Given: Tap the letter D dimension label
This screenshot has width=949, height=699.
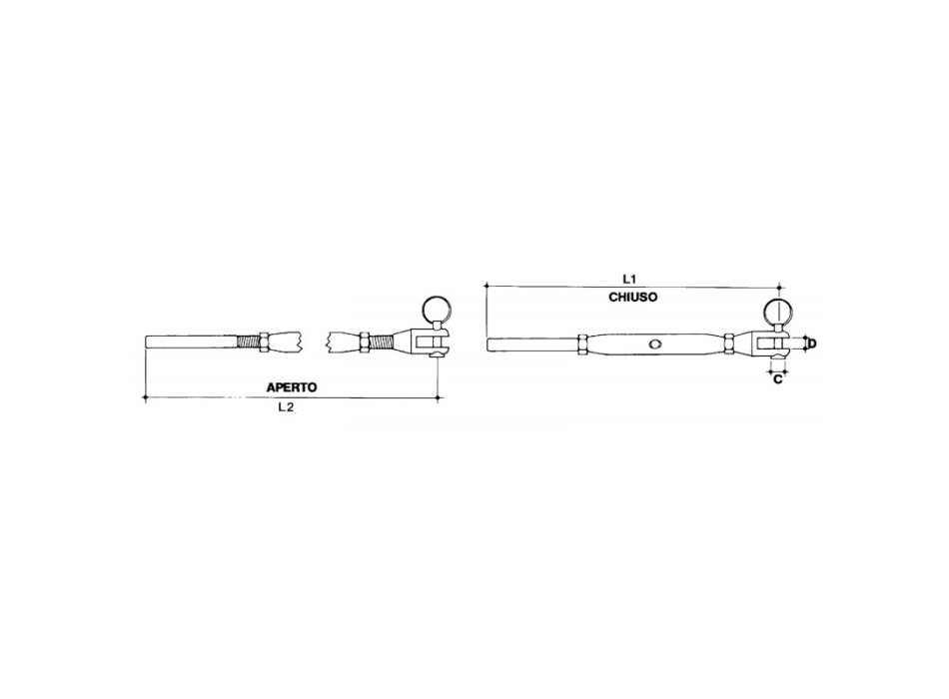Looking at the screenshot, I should point(811,344).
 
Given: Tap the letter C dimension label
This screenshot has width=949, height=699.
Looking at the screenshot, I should point(777,379).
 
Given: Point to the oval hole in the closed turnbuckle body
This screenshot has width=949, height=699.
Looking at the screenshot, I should point(654,345).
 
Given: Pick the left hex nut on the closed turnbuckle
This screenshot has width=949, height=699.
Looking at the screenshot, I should point(580,345).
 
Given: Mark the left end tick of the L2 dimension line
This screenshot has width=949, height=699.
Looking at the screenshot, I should point(146,397).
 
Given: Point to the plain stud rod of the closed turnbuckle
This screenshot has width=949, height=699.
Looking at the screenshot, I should point(529,345).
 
